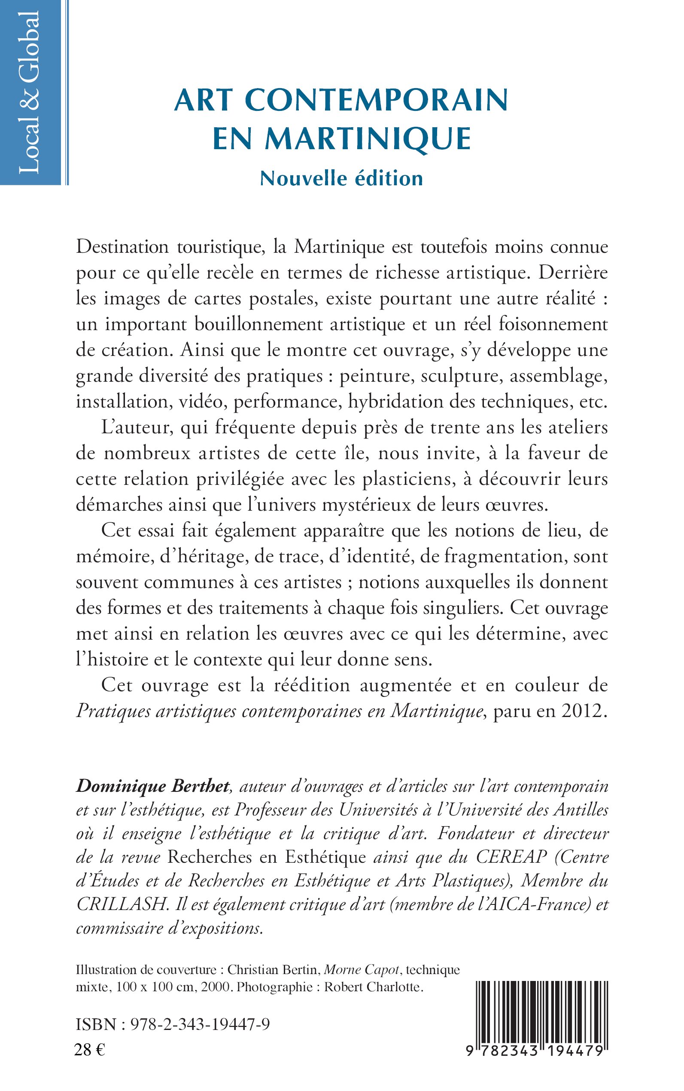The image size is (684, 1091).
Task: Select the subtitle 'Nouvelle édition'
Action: coord(341,178)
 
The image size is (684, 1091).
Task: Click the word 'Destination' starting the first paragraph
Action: coord(122,247)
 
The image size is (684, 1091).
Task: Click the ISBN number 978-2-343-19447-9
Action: coord(200,1024)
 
